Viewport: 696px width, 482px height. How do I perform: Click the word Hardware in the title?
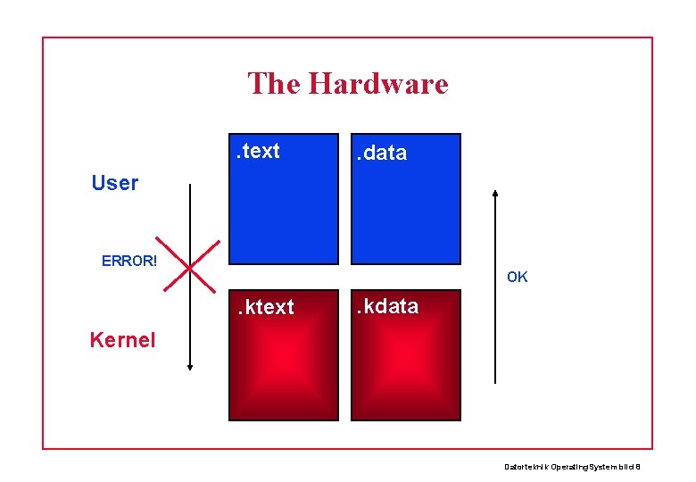click(x=377, y=84)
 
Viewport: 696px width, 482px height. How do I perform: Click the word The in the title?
click(x=274, y=84)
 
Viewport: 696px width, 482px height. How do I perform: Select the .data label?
click(x=382, y=153)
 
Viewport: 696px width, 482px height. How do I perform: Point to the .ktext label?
click(x=264, y=307)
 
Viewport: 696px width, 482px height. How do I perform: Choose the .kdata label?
click(x=387, y=306)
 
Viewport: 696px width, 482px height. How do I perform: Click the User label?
click(x=115, y=183)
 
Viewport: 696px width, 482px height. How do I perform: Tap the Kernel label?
click(x=122, y=339)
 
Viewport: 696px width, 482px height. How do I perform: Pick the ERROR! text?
click(x=129, y=261)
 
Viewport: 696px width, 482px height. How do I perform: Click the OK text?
click(x=518, y=277)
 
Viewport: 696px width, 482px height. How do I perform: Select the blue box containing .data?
click(x=406, y=214)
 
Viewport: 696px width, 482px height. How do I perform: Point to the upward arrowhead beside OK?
click(x=495, y=192)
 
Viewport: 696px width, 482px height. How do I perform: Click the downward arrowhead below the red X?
click(x=190, y=365)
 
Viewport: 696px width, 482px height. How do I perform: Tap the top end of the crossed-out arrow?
click(x=190, y=186)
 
